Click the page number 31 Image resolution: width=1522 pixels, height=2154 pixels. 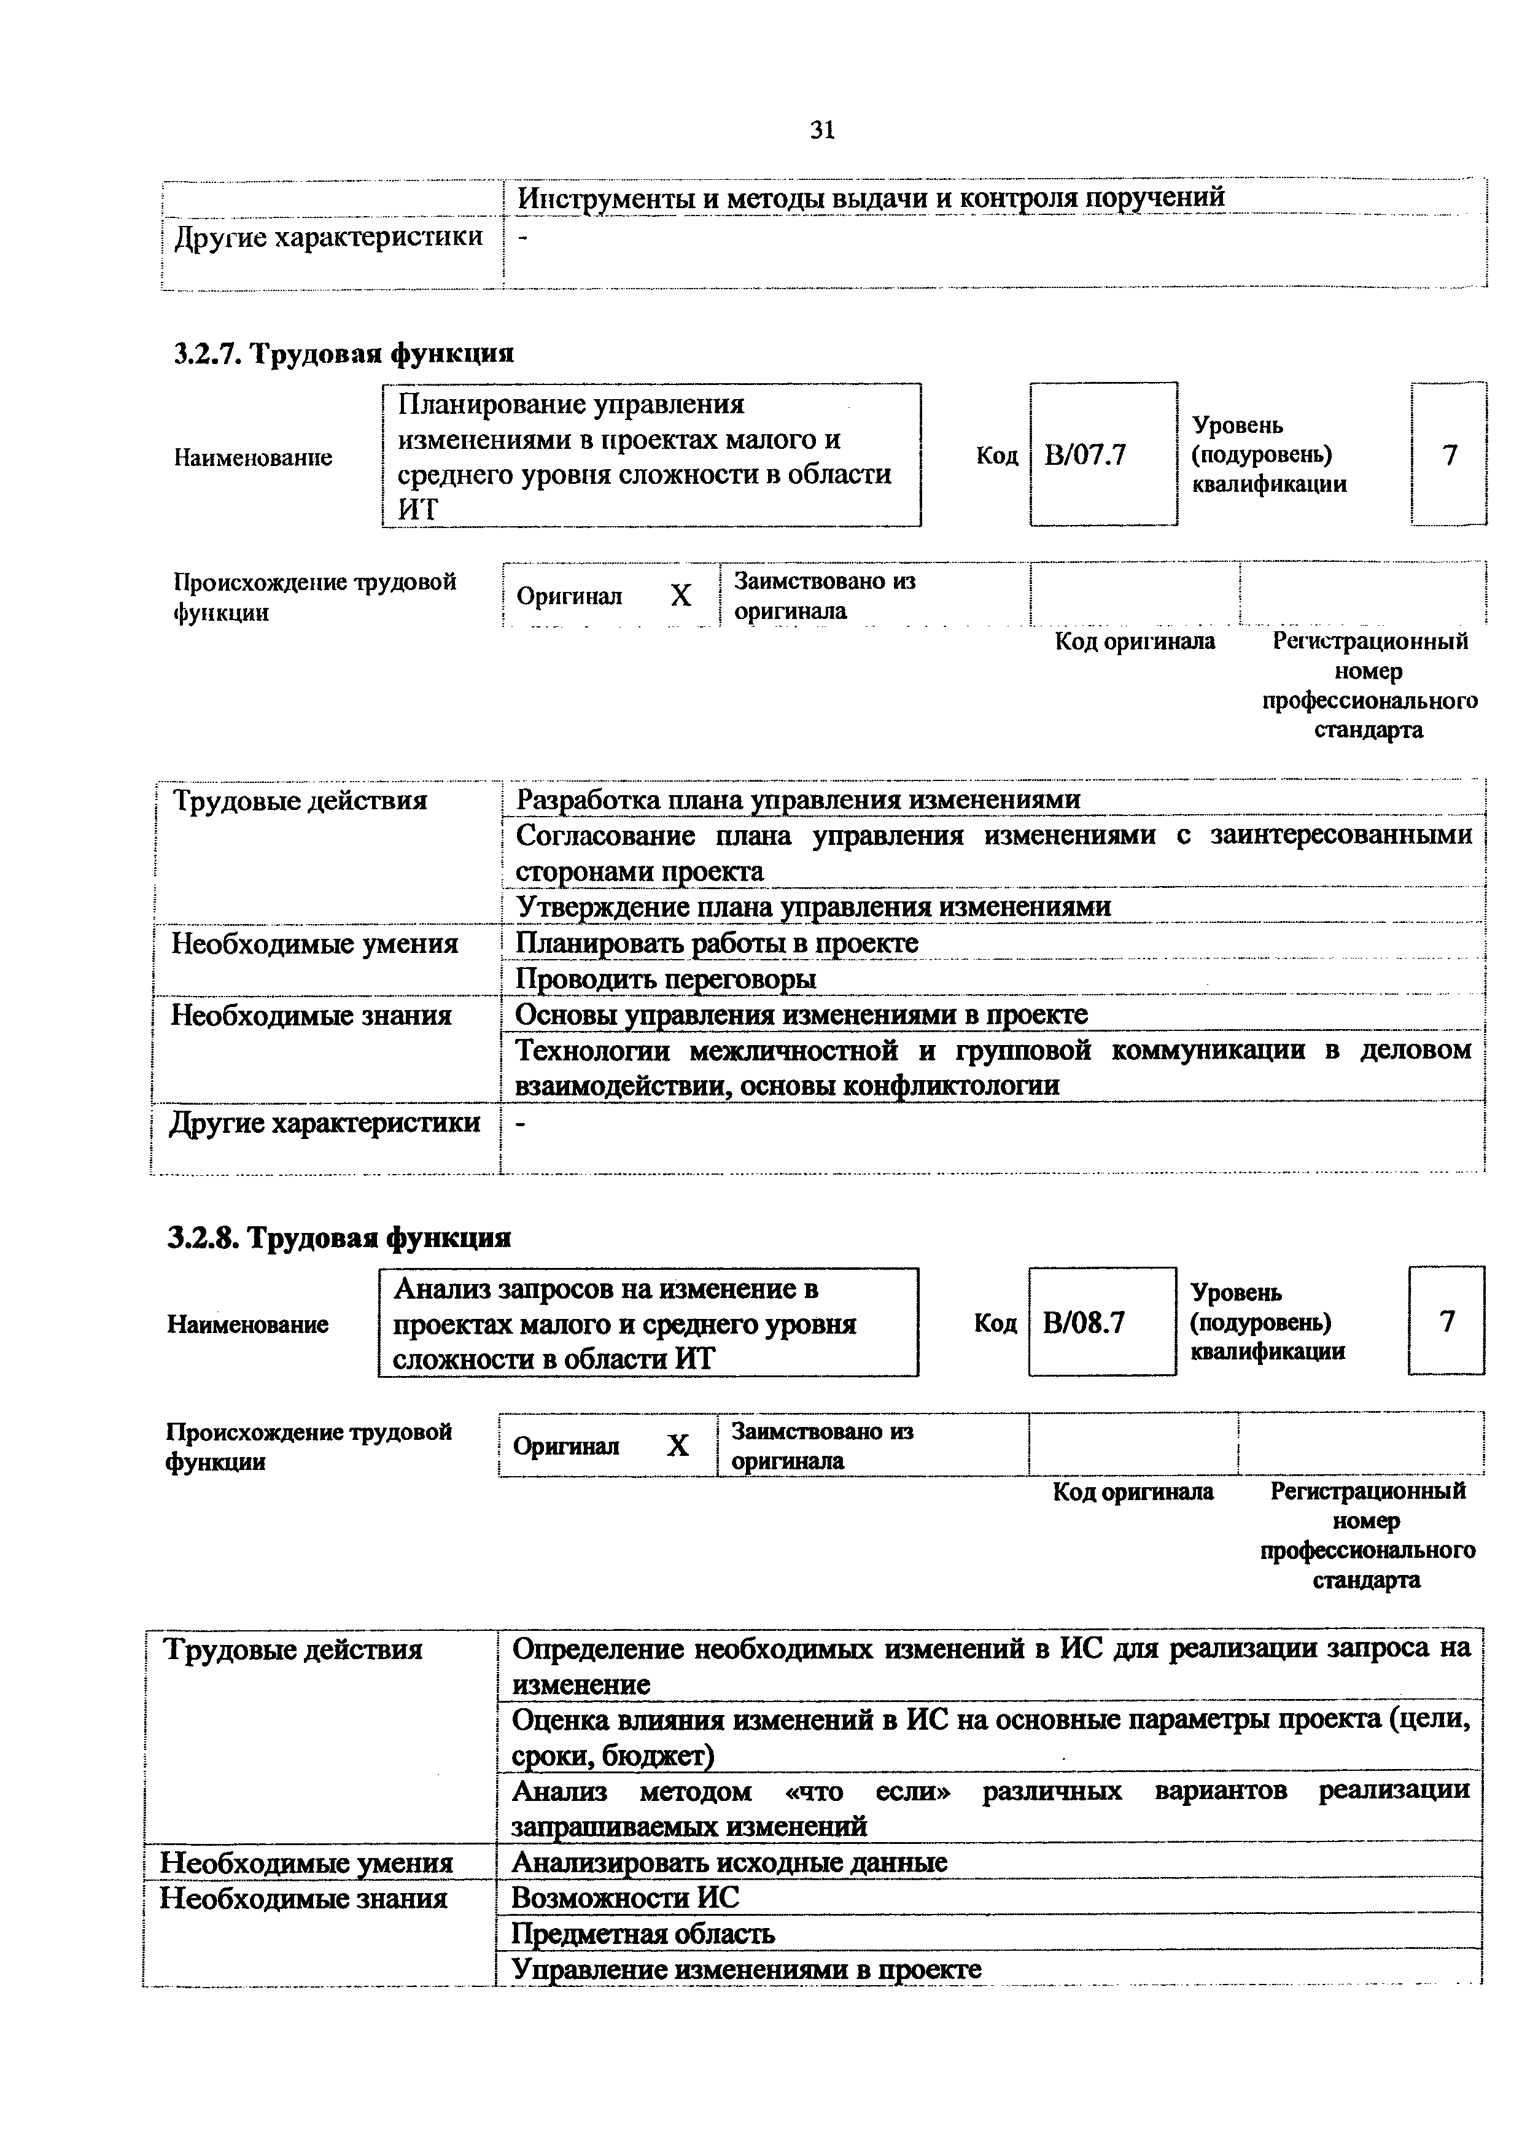click(x=821, y=130)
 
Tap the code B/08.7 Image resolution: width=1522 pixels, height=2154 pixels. click(x=1083, y=1323)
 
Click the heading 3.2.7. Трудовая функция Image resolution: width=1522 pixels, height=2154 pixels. click(x=344, y=354)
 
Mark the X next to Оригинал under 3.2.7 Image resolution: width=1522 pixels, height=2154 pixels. click(x=681, y=596)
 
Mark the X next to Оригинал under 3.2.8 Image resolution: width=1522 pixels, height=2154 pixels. click(x=677, y=1445)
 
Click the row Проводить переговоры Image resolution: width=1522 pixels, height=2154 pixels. click(x=666, y=979)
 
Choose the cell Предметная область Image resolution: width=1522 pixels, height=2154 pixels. click(x=643, y=1934)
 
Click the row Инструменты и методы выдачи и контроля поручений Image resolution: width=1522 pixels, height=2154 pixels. click(x=871, y=198)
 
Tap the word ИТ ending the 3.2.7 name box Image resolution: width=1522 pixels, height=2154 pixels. click(x=417, y=510)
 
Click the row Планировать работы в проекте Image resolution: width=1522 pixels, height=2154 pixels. click(x=717, y=943)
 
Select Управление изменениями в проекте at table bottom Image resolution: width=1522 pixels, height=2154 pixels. click(x=747, y=1969)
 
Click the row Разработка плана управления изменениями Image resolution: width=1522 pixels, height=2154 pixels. click(x=798, y=800)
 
